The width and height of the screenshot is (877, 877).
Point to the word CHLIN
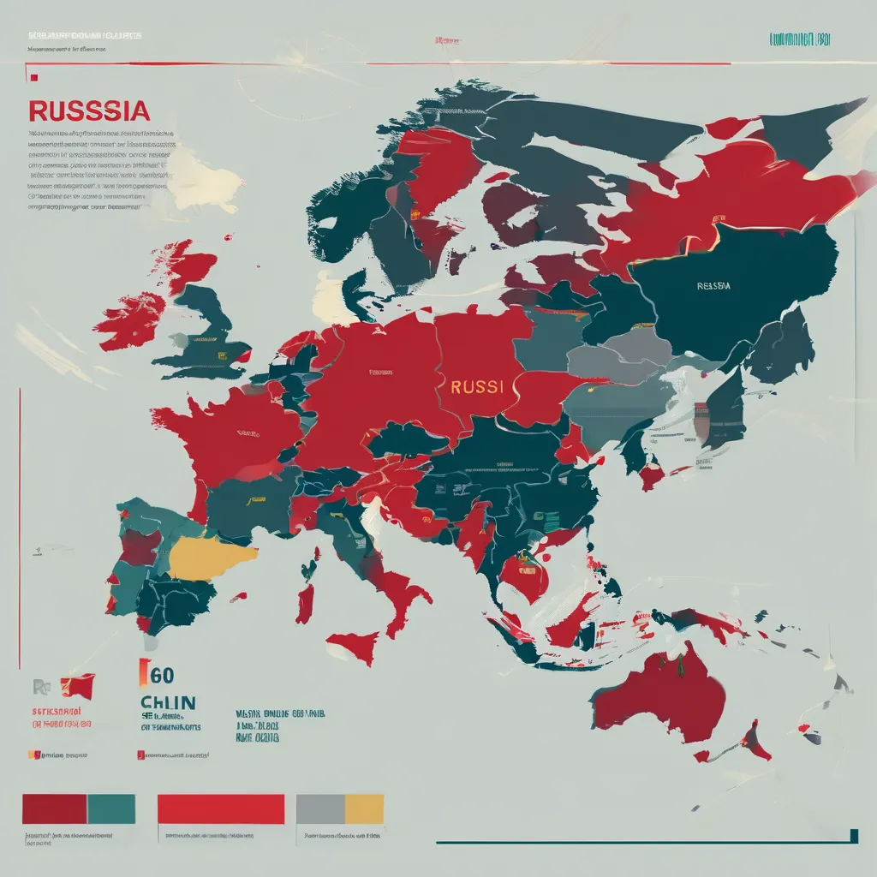pyautogui.click(x=169, y=703)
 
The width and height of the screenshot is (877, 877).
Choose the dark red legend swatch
pyautogui.click(x=54, y=808)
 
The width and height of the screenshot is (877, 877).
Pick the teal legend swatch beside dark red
pyautogui.click(x=111, y=808)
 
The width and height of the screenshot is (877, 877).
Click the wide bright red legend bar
pyautogui.click(x=221, y=808)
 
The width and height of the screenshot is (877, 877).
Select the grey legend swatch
pyautogui.click(x=320, y=808)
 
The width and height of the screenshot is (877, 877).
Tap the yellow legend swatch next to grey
pyautogui.click(x=364, y=808)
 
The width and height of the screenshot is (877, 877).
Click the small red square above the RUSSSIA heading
pyautogui.click(x=34, y=78)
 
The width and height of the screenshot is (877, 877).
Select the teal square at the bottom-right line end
pyautogui.click(x=854, y=835)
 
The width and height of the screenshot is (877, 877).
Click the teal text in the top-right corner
pyautogui.click(x=800, y=39)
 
